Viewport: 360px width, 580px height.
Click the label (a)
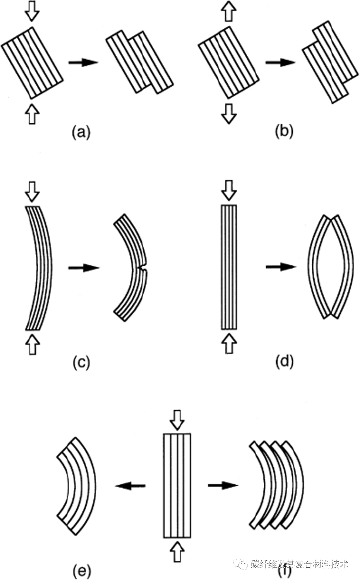81,132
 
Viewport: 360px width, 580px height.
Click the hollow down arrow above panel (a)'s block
32,12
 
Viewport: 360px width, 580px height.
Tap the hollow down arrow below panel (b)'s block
228,113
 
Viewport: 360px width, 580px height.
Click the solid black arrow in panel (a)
83,62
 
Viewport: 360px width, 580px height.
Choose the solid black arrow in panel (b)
280,62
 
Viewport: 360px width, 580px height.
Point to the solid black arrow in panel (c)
84,267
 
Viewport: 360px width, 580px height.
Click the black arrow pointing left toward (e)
130,485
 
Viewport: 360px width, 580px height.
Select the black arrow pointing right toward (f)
223,485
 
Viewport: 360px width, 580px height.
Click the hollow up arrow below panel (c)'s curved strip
32,344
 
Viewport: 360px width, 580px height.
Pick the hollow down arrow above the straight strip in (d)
228,191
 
